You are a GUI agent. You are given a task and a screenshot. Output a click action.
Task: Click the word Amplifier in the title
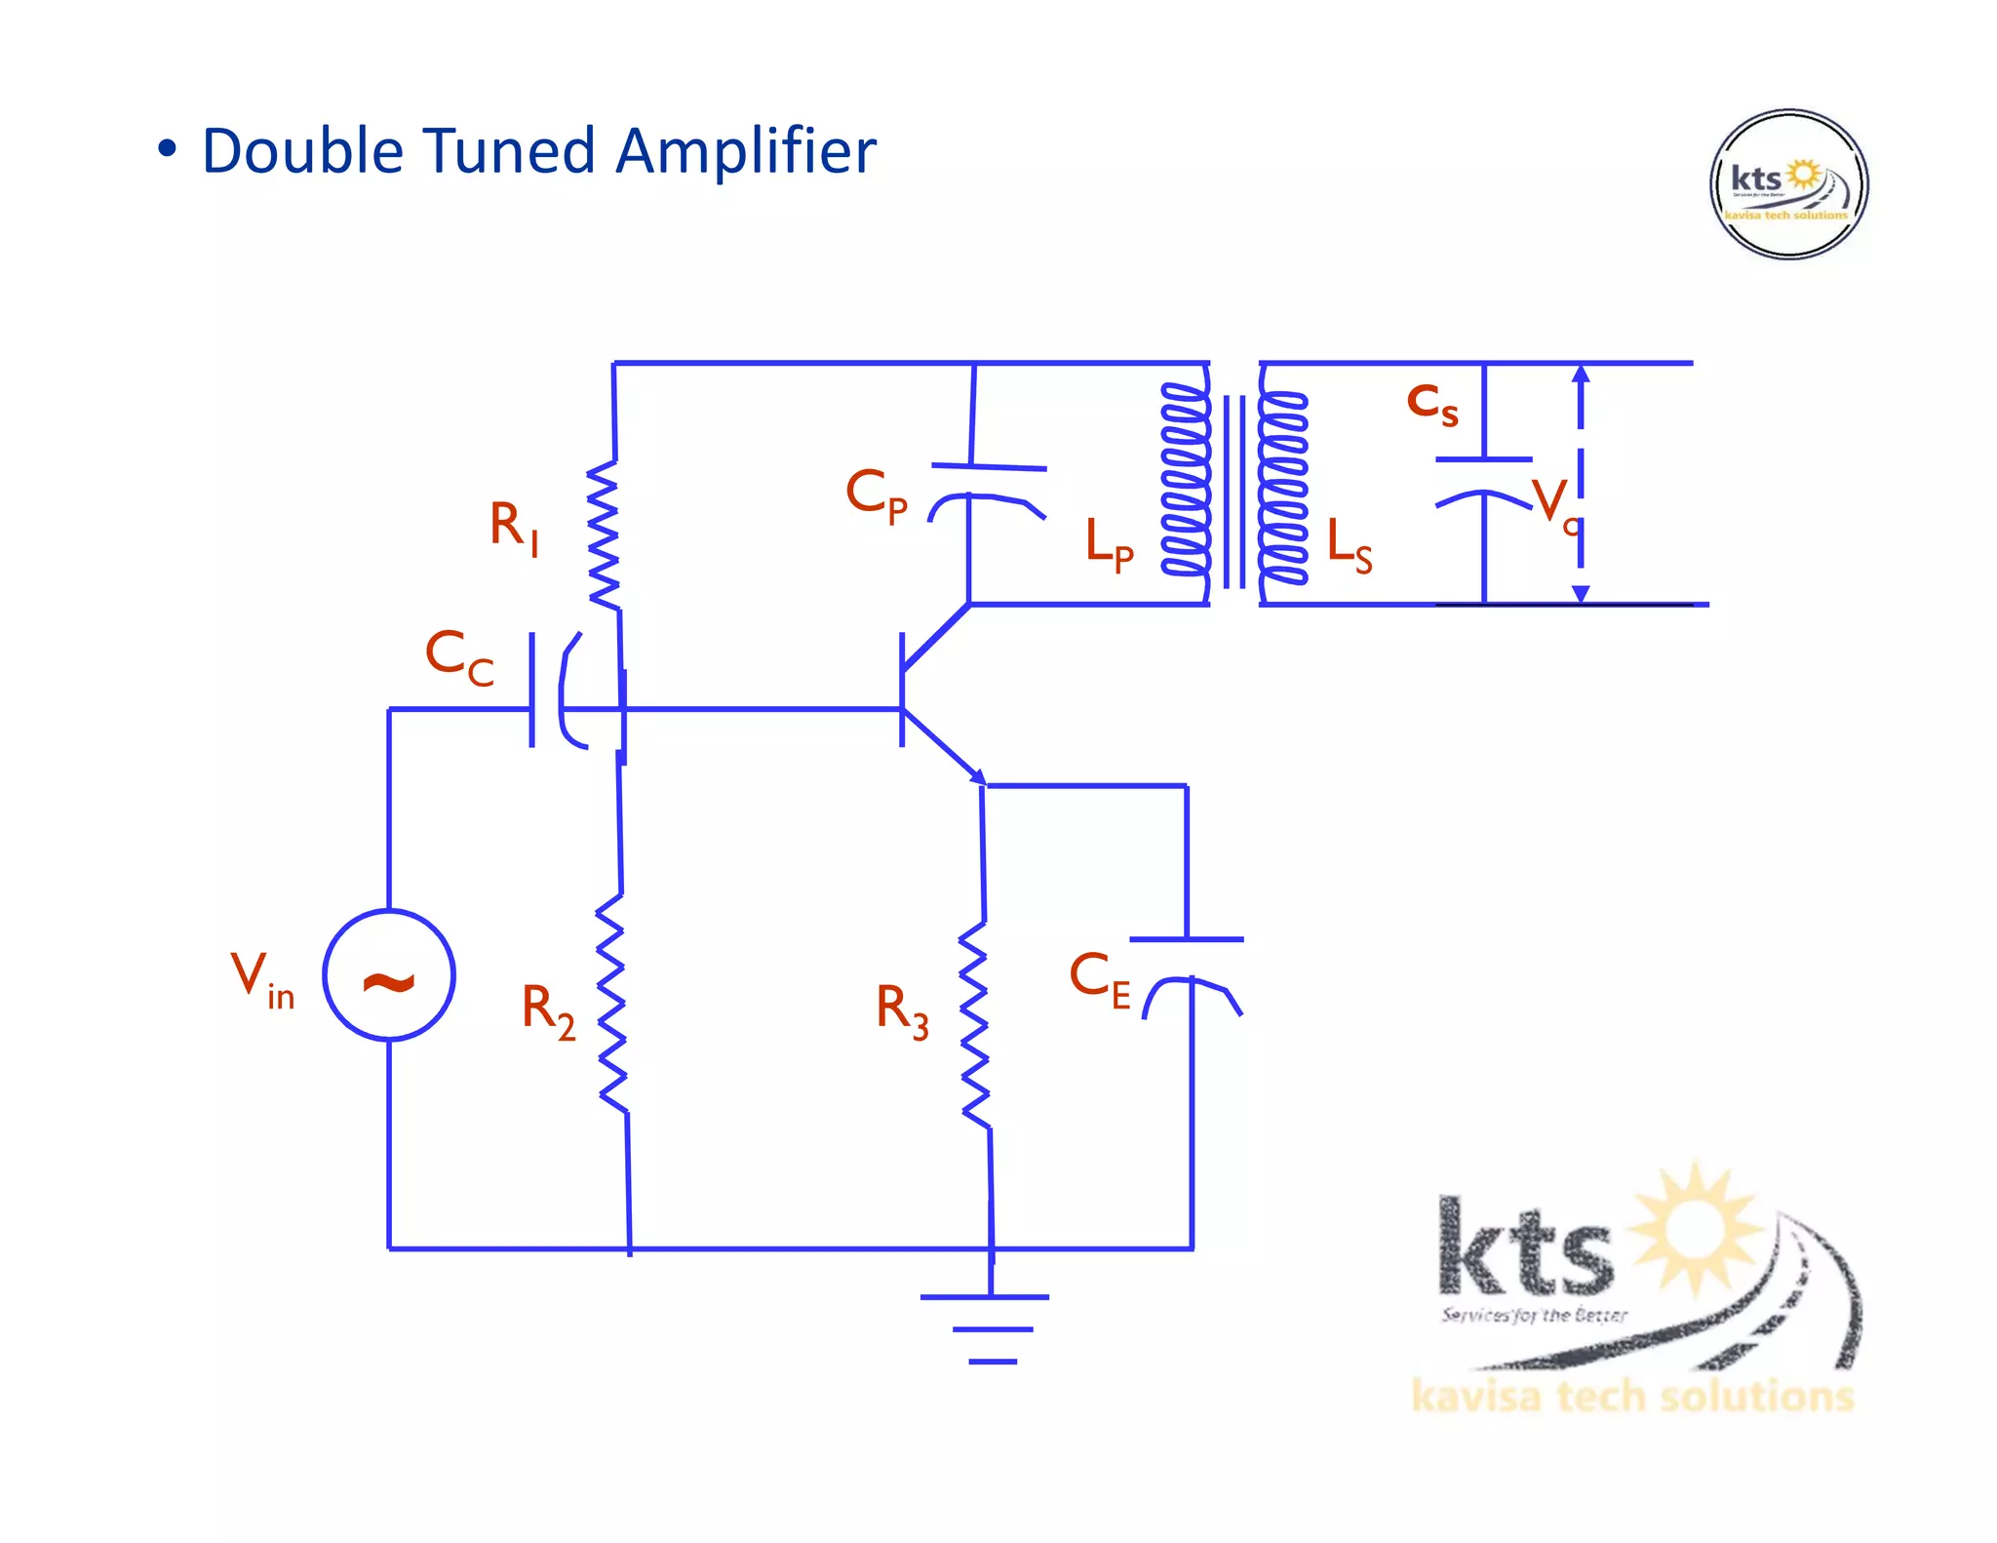746,151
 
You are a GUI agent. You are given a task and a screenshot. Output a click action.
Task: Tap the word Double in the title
302,151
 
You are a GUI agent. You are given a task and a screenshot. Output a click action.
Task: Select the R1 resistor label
513,527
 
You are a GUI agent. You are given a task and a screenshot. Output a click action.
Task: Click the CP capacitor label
876,495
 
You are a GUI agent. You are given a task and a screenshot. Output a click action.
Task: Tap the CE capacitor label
1099,978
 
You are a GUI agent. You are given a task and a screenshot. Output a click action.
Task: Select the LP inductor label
1109,543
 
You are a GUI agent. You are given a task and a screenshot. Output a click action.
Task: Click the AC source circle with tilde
389,975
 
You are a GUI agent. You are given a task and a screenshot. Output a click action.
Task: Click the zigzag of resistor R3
975,1024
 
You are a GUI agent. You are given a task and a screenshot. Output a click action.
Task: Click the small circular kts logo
1789,183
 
